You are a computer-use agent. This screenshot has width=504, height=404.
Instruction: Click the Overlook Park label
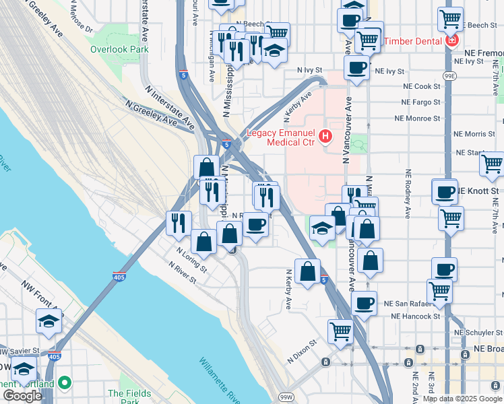point(119,49)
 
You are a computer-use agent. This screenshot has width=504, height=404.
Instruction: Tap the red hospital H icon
point(326,137)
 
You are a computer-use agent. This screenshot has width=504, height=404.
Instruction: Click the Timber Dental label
point(413,41)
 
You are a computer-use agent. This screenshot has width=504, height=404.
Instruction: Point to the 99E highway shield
point(448,77)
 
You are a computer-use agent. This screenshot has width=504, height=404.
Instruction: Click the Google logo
point(22,396)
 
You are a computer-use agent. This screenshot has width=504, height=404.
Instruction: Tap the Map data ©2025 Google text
point(462,399)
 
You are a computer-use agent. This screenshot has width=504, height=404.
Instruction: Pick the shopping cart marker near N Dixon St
point(340,331)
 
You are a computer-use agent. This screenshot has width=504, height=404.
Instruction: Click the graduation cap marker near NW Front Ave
point(49,322)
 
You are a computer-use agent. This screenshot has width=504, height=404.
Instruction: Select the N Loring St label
point(191,259)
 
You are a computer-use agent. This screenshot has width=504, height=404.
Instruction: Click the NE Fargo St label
point(421,102)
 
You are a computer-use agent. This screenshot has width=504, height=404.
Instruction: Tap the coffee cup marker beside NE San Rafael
point(364,302)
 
